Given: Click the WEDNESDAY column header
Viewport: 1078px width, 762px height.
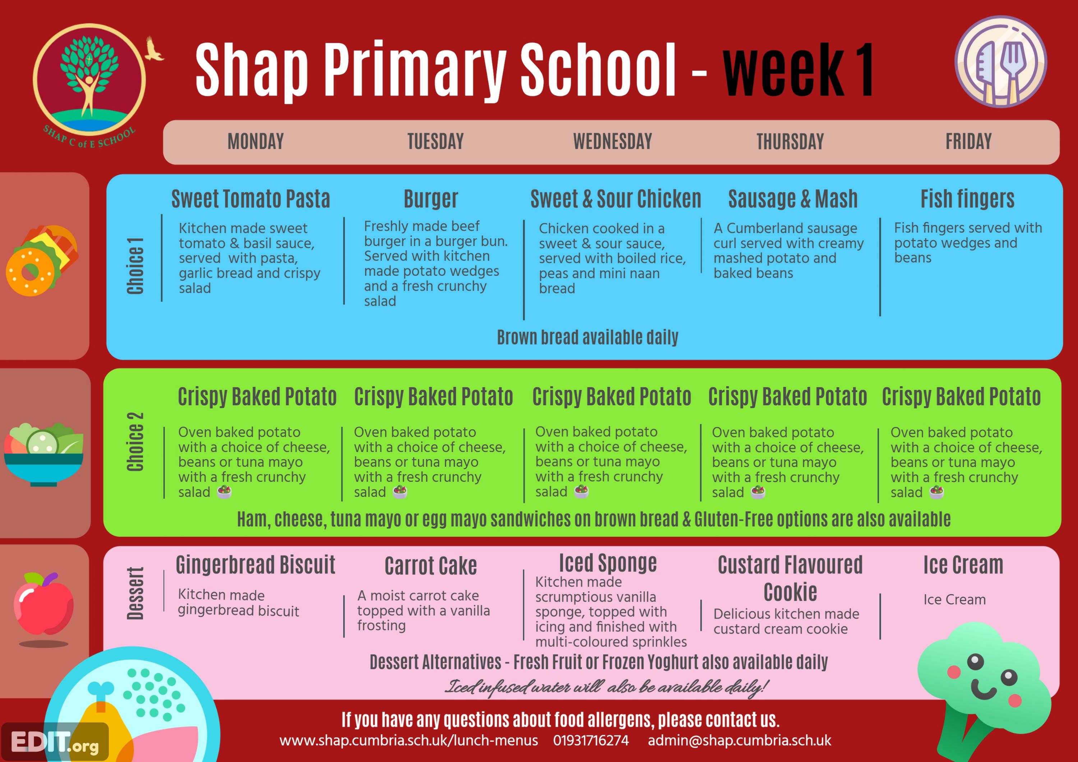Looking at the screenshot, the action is [x=612, y=141].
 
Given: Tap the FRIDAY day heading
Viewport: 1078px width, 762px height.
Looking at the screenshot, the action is [x=969, y=141].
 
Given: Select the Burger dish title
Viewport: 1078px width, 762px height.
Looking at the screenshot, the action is [x=430, y=199].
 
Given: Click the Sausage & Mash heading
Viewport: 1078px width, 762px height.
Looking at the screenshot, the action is [x=793, y=199].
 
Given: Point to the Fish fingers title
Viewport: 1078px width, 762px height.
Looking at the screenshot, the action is [x=967, y=199].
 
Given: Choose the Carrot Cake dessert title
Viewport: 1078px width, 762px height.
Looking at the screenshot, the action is [x=430, y=566].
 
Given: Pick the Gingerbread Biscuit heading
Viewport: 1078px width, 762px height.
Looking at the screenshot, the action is [x=255, y=565].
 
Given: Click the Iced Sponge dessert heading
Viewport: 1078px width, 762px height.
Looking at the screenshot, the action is [x=608, y=563].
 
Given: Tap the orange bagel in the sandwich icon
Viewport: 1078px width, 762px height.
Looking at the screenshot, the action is [x=30, y=272].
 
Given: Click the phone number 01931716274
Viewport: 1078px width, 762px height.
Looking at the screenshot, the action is [x=591, y=740].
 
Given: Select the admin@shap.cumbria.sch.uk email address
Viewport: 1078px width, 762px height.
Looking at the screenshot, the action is [x=740, y=740].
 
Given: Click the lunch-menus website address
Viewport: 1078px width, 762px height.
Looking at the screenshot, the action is [x=409, y=740].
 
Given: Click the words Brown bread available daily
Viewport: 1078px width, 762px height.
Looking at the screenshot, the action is [x=588, y=337].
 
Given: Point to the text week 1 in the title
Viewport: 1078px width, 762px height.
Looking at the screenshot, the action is [x=797, y=70].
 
